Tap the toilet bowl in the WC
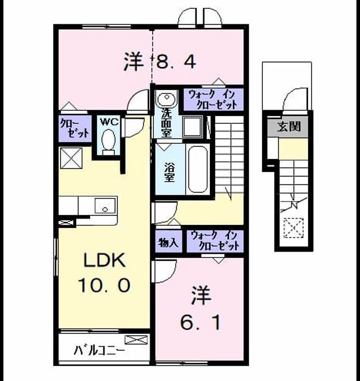[x=108, y=140]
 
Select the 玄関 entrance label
[x=289, y=126]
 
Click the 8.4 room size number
[x=176, y=62]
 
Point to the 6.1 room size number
[x=200, y=323]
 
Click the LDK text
[x=104, y=260]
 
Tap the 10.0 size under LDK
[x=104, y=286]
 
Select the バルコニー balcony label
[x=100, y=351]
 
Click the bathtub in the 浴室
[x=198, y=169]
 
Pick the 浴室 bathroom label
[x=169, y=172]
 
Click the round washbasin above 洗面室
[x=167, y=98]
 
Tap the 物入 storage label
[x=168, y=242]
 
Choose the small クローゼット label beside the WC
[x=75, y=128]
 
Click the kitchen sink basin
[x=105, y=205]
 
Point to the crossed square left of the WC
[x=71, y=158]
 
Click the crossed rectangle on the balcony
[x=136, y=340]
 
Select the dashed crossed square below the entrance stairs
[x=294, y=228]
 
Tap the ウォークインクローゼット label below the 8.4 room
[x=213, y=99]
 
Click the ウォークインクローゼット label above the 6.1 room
[x=215, y=241]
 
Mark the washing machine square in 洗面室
[x=193, y=126]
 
